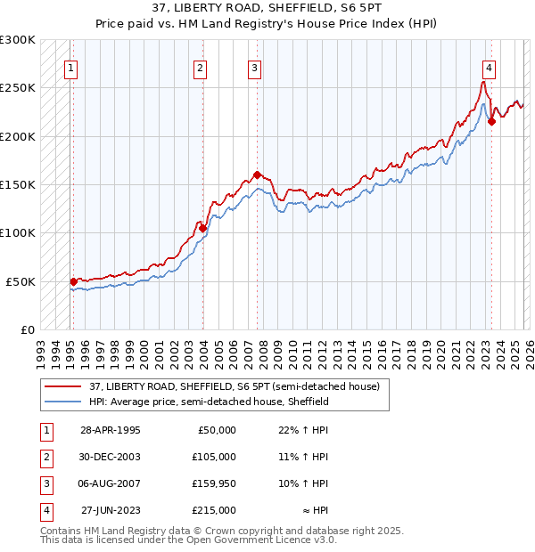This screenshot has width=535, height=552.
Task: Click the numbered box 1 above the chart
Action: (x=70, y=68)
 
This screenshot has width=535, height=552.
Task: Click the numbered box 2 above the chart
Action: (x=201, y=68)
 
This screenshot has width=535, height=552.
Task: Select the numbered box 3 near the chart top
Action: (x=254, y=68)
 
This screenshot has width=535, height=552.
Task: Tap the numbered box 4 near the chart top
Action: (x=490, y=68)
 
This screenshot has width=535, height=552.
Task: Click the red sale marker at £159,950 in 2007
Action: (x=257, y=175)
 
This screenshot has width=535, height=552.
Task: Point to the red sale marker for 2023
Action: (x=491, y=122)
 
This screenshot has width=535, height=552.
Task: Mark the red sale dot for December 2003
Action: (x=203, y=228)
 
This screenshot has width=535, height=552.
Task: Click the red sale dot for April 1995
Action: (x=73, y=281)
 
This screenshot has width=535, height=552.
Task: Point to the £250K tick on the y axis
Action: (x=18, y=88)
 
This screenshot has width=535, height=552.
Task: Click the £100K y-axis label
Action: (x=18, y=232)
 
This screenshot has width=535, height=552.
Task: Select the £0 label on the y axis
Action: (x=26, y=329)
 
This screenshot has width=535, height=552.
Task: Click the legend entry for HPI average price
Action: (x=210, y=402)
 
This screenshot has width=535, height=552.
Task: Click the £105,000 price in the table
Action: (x=215, y=456)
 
